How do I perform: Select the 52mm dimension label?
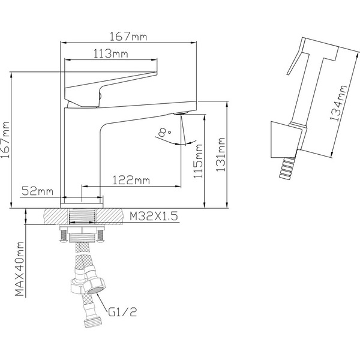37,191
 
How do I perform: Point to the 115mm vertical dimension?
199,164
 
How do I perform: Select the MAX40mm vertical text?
20,269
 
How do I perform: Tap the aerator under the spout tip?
180,113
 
